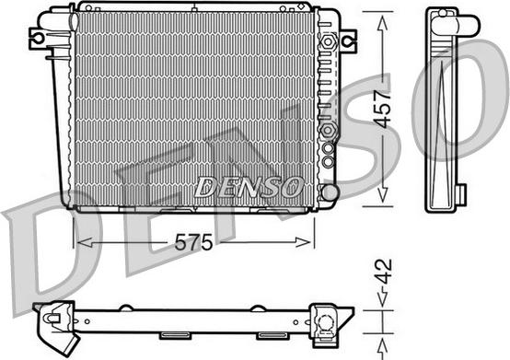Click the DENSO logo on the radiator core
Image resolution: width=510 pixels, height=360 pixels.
pyautogui.click(x=248, y=186)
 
